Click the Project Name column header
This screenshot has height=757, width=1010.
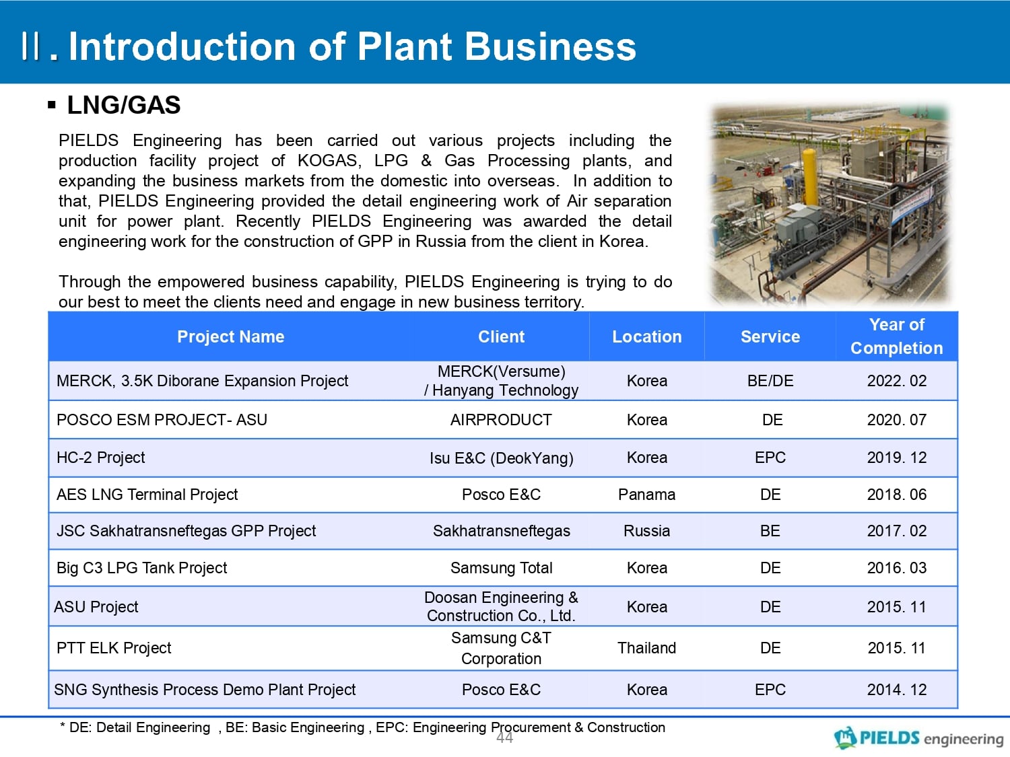click(x=230, y=337)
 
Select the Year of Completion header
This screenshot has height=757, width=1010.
click(x=896, y=336)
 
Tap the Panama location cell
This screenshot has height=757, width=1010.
click(x=646, y=495)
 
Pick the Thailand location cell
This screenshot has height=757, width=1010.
click(x=646, y=648)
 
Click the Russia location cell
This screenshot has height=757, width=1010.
click(x=646, y=531)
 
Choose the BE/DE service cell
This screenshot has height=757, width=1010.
click(x=770, y=381)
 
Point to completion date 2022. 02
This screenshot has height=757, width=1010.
click(x=896, y=381)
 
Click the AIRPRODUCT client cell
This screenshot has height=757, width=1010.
click(x=501, y=420)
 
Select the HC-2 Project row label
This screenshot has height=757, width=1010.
click(x=100, y=458)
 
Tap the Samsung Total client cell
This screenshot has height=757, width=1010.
click(x=501, y=568)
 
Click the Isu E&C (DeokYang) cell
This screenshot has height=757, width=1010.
click(x=501, y=458)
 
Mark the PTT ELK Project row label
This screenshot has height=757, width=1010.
click(x=114, y=648)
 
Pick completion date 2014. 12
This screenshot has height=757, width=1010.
click(x=896, y=690)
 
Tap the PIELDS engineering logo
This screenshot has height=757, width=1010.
click(x=918, y=738)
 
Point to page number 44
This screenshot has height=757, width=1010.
click(x=504, y=738)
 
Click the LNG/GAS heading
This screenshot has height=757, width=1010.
click(x=124, y=105)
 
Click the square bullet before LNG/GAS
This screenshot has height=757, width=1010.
click(x=52, y=105)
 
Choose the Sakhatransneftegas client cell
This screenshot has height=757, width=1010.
click(x=501, y=532)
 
